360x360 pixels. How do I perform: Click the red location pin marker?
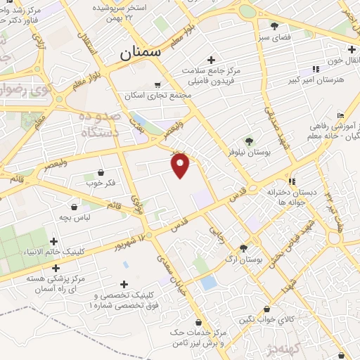point(181,165)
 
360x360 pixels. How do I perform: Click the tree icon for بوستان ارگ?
point(243,247)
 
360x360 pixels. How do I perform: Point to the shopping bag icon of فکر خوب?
point(101,172)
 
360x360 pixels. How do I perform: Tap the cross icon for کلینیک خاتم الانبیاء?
point(54,241)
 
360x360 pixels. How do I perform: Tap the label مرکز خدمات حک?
point(199,331)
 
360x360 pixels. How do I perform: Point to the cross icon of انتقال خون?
point(351,49)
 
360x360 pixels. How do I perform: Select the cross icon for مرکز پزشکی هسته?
point(56,268)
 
